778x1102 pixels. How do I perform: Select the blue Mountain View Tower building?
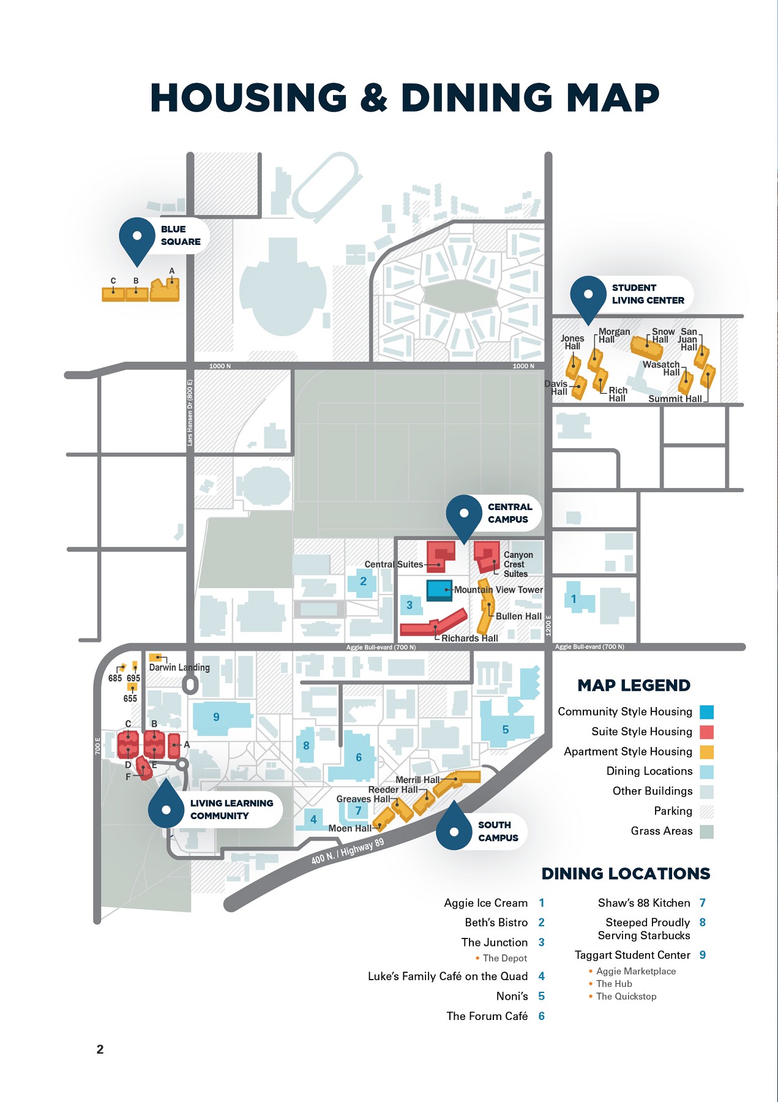(x=439, y=590)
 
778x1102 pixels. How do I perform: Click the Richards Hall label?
(x=469, y=638)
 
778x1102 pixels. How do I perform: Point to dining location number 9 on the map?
(x=216, y=717)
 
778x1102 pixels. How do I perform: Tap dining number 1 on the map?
(x=574, y=599)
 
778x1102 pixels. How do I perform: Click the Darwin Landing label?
(x=179, y=667)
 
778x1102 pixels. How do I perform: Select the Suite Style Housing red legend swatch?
(x=706, y=732)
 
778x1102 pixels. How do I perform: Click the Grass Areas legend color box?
(x=706, y=831)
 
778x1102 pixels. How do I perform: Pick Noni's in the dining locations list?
(x=512, y=996)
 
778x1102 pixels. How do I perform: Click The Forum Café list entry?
(x=487, y=1016)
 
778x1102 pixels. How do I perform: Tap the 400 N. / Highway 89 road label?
(x=347, y=851)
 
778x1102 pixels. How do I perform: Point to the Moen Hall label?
(x=350, y=828)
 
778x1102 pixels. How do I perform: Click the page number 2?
(x=100, y=1049)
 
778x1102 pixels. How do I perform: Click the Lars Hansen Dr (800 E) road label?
(x=190, y=412)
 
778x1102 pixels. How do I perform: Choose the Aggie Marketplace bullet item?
(x=635, y=972)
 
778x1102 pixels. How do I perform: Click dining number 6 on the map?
(x=359, y=757)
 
